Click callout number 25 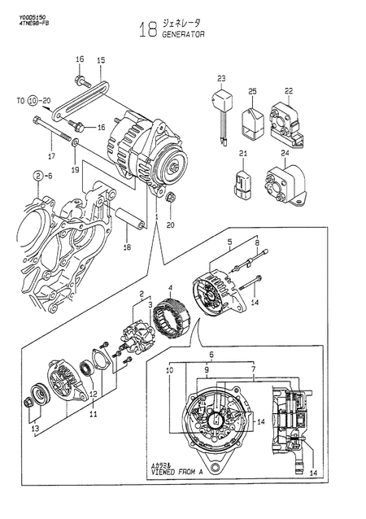(x=252, y=90)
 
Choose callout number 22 (x=288, y=90)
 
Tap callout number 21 (x=242, y=153)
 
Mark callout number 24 (x=285, y=153)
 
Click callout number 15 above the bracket (x=102, y=60)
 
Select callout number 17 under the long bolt (x=50, y=156)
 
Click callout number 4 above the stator (x=170, y=287)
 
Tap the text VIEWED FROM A (x=174, y=470)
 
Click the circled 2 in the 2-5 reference (x=37, y=175)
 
